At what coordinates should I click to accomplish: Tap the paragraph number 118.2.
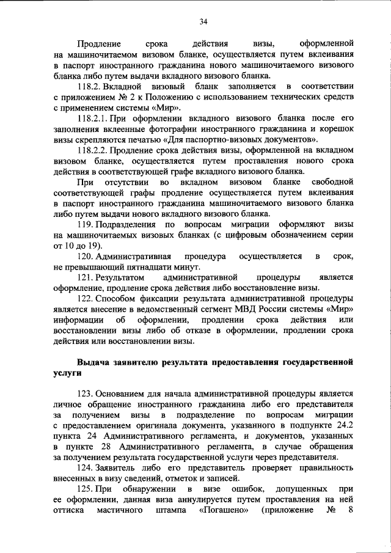point(89,87)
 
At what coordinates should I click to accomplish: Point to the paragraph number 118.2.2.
point(93,151)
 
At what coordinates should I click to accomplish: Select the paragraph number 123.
point(86,394)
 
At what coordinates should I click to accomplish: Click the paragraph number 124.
point(86,469)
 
